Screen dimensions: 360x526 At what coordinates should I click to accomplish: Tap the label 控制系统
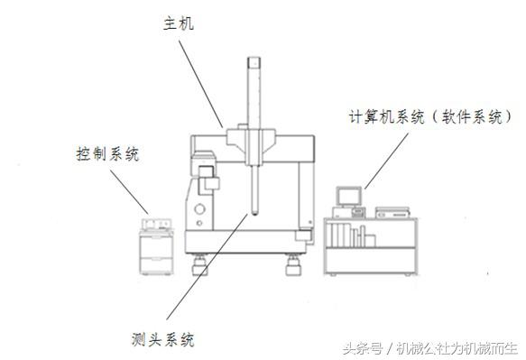(107, 154)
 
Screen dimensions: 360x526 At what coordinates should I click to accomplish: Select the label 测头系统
(161, 340)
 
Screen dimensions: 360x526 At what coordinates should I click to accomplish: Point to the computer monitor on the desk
(348, 197)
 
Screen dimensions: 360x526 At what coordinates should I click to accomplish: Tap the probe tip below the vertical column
(257, 214)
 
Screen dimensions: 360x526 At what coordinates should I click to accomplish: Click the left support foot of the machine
(200, 263)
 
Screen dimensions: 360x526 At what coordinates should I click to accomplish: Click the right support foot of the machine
(292, 264)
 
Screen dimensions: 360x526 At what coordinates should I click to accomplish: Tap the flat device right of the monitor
(392, 213)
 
